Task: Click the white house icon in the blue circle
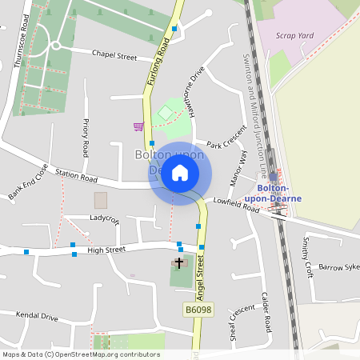point(180,172)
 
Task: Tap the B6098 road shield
point(198,309)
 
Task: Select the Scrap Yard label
point(294,36)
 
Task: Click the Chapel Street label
point(114,55)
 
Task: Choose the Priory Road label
point(86,138)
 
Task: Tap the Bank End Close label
point(28,182)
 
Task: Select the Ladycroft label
point(104,218)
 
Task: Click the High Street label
point(106,250)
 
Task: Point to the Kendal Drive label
point(38,317)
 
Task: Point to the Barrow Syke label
point(340,267)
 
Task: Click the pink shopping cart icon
point(138,126)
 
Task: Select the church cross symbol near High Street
point(180,262)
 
